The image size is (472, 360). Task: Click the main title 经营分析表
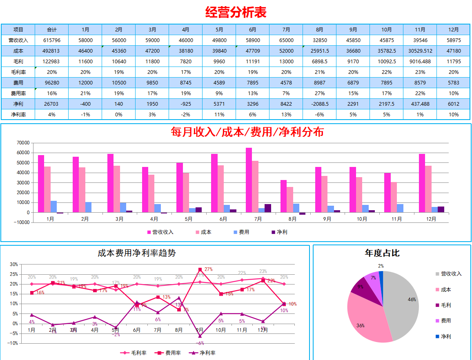(236, 12)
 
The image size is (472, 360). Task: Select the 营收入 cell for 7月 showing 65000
(286, 40)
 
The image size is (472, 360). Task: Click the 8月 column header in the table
(319, 30)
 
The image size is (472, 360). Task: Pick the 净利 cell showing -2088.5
(319, 104)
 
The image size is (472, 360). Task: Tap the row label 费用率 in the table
(18, 93)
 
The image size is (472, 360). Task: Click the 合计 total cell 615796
(52, 40)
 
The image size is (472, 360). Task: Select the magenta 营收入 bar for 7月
(249, 180)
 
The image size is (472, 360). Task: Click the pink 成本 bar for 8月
(289, 200)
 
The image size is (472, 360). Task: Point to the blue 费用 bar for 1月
(53, 207)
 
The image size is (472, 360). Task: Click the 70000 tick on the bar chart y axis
(23, 143)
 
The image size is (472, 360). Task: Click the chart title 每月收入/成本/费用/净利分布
(247, 132)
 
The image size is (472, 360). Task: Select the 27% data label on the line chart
(208, 269)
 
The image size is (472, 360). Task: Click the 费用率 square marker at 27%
(200, 270)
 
